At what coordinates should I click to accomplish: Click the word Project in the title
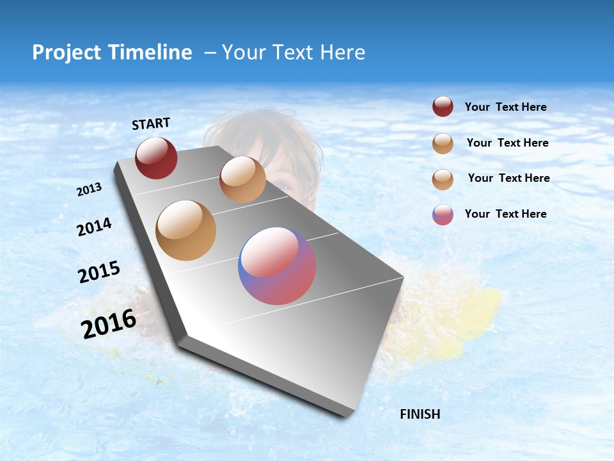pyautogui.click(x=68, y=53)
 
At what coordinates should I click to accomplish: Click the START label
pyautogui.click(x=151, y=124)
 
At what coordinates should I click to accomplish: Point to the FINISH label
pyautogui.click(x=420, y=414)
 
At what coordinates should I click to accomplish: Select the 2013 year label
pyautogui.click(x=89, y=190)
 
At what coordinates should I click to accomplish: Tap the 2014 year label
pyautogui.click(x=94, y=227)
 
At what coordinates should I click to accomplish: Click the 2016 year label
pyautogui.click(x=109, y=324)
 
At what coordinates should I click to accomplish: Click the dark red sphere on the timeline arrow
pyautogui.click(x=156, y=158)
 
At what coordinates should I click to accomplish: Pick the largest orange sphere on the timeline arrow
pyautogui.click(x=186, y=230)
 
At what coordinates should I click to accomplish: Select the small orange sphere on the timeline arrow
pyautogui.click(x=242, y=179)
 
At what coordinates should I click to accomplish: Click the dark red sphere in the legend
pyautogui.click(x=443, y=107)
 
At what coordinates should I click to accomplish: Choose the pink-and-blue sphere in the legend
pyautogui.click(x=443, y=214)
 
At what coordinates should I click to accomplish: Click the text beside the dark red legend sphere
pyautogui.click(x=505, y=108)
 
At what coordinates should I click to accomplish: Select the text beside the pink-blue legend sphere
pyautogui.click(x=505, y=214)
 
